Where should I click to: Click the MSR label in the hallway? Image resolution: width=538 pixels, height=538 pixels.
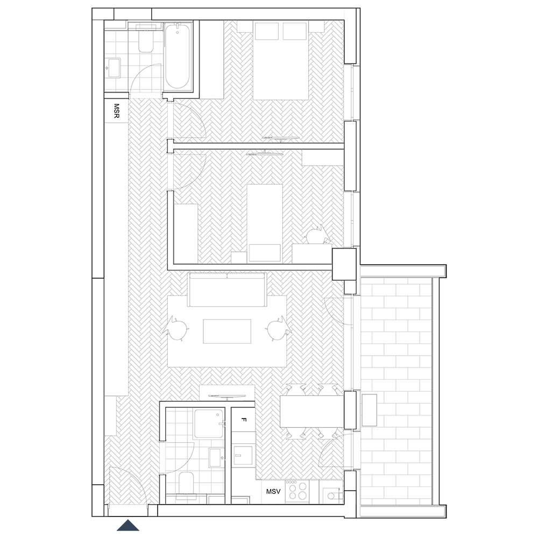pyautogui.click(x=116, y=111)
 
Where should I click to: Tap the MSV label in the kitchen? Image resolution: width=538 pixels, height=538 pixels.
pyautogui.click(x=273, y=491)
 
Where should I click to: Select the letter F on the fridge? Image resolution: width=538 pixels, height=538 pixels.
pyautogui.click(x=244, y=419)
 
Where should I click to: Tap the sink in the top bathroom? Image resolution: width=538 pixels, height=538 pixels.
pyautogui.click(x=114, y=68)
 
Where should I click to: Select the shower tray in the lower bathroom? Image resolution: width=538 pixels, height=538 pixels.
pyautogui.click(x=209, y=423)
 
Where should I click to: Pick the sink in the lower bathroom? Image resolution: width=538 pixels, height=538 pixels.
pyautogui.click(x=216, y=457)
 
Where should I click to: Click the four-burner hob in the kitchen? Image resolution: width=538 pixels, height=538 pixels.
pyautogui.click(x=298, y=491)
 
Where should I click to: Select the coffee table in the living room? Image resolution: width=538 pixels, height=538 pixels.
pyautogui.click(x=227, y=331)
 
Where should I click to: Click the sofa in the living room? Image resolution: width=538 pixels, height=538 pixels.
pyautogui.click(x=227, y=289)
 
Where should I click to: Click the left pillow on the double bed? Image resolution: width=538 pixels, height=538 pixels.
pyautogui.click(x=267, y=31)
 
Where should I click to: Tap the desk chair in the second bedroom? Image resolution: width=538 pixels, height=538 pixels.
pyautogui.click(x=318, y=235)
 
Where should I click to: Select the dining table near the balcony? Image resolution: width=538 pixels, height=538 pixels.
pyautogui.click(x=312, y=412)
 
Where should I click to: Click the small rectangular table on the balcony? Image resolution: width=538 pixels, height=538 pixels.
pyautogui.click(x=369, y=410)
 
